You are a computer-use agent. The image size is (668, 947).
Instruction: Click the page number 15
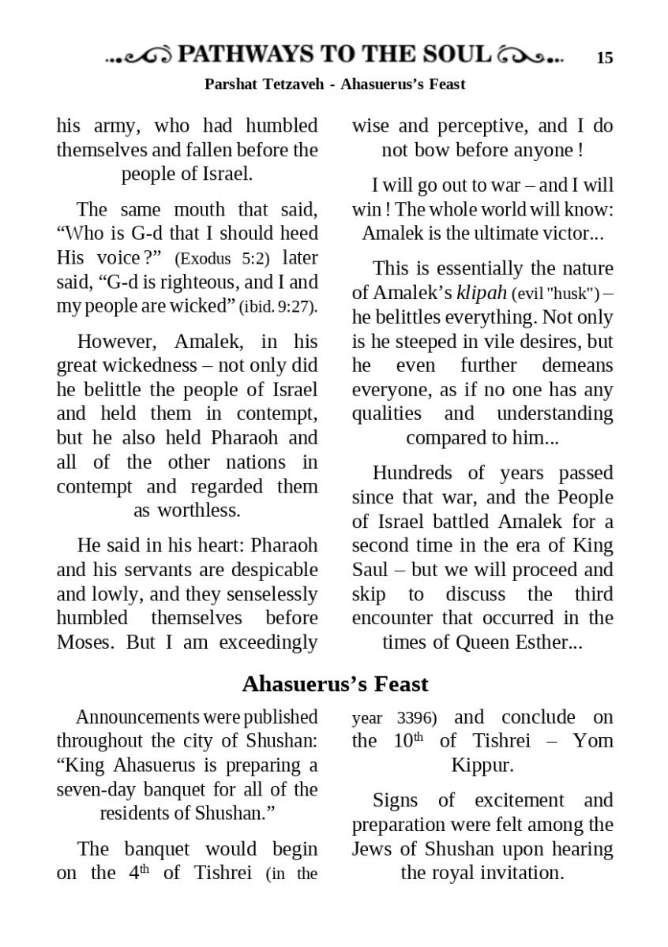[604, 58]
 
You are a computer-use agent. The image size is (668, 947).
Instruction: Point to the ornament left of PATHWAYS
[139, 56]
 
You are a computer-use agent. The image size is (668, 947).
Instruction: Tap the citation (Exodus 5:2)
[222, 258]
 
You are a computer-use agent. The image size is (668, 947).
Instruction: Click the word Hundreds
[411, 473]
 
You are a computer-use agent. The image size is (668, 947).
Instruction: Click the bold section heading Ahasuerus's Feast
[335, 683]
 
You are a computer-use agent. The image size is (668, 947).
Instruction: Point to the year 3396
[415, 717]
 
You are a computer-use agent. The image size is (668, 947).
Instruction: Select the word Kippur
[482, 765]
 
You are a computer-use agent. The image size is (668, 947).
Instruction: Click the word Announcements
[137, 717]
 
